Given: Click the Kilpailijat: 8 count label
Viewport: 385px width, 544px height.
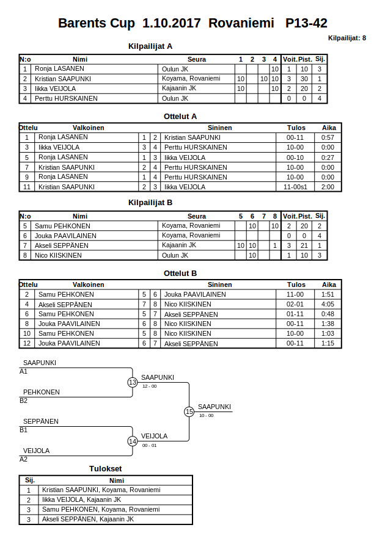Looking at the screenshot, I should coord(347,38).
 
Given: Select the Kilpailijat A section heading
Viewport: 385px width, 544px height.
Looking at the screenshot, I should coord(150,46).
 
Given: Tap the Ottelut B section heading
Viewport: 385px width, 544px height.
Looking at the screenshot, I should coord(180,273).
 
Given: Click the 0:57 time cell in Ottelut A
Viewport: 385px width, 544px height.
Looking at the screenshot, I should coord(328,137).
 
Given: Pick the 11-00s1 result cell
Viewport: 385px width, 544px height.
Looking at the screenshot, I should coord(296,187).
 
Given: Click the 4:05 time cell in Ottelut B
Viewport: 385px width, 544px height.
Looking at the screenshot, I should coord(328,304).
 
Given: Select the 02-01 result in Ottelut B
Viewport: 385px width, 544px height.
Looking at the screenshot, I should coord(296,304).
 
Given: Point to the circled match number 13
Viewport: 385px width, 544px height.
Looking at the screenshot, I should coord(133,382).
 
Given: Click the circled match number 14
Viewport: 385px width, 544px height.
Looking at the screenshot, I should coord(133,441).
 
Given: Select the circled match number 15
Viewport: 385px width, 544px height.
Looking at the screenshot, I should coord(189,412).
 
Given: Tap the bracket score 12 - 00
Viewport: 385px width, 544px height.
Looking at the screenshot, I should coord(149,386).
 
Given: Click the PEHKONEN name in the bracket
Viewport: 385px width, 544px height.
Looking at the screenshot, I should coord(42,392).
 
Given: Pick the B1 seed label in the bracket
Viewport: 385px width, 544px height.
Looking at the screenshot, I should coord(24,430).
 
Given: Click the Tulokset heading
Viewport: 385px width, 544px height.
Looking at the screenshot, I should coord(106,468).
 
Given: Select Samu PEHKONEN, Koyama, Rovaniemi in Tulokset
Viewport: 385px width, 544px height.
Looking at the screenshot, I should coord(101,509).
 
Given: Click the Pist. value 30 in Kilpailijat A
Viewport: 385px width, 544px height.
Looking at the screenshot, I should coord(304,79).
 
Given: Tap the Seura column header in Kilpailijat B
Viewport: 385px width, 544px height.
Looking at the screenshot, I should coord(197,216).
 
